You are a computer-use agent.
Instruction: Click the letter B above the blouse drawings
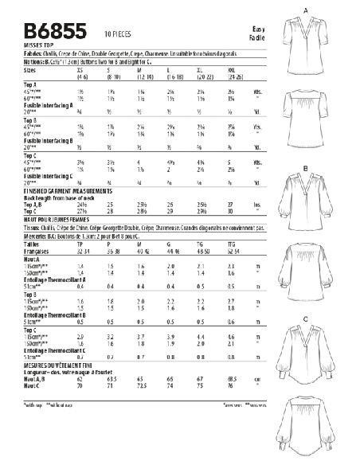(x=306, y=168)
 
